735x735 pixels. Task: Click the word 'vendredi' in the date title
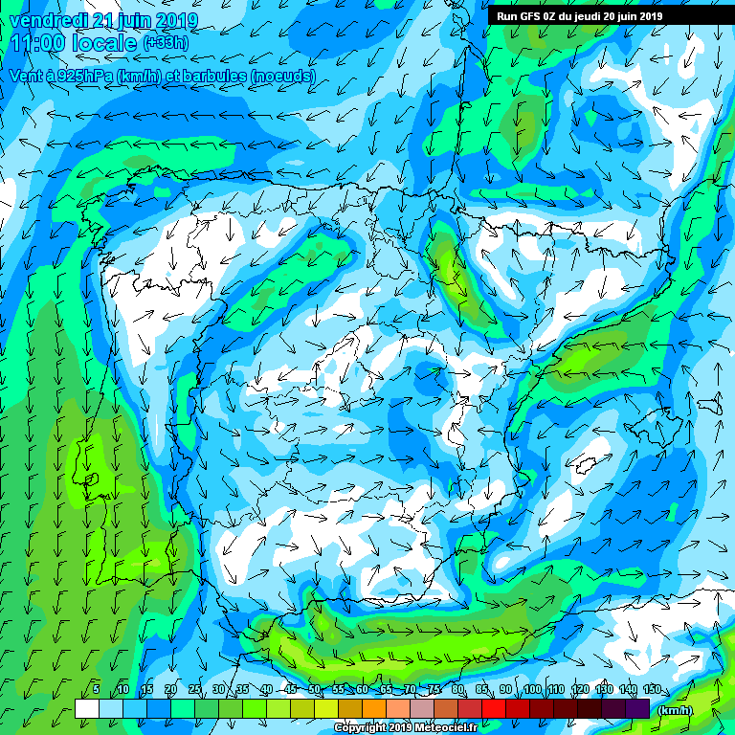(x=48, y=20)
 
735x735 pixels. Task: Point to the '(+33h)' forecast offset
(x=166, y=43)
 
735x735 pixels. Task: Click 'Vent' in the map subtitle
(x=27, y=75)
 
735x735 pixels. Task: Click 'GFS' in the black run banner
(x=533, y=16)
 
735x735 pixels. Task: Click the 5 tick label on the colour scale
(x=96, y=690)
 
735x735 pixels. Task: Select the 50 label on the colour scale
(x=314, y=690)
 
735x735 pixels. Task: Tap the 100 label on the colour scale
(x=532, y=690)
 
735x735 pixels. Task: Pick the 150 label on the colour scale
(x=651, y=690)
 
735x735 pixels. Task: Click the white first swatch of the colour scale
(x=86, y=708)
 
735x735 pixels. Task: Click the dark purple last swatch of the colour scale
(x=638, y=708)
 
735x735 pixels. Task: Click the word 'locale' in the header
(x=105, y=42)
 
